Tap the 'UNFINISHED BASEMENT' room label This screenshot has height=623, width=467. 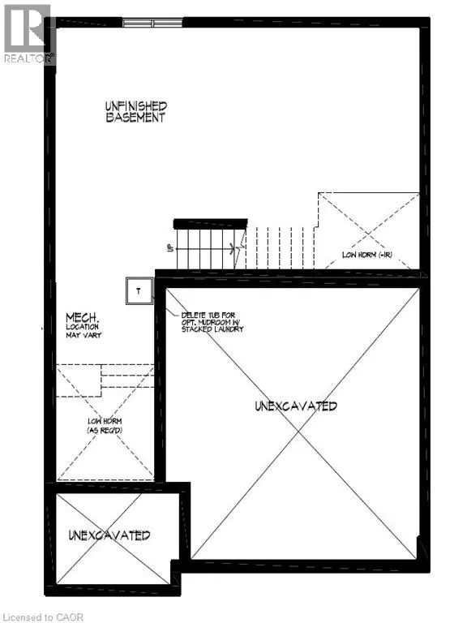click(x=135, y=111)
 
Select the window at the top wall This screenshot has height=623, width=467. click(x=152, y=23)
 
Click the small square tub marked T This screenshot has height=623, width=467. click(x=139, y=290)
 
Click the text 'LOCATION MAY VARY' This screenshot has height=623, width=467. click(x=84, y=331)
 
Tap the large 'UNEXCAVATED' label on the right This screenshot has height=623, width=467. click(x=295, y=406)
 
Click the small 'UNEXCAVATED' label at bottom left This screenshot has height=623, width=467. click(x=109, y=535)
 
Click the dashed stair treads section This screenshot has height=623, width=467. click(x=280, y=247)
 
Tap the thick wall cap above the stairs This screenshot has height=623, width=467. click(x=211, y=223)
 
